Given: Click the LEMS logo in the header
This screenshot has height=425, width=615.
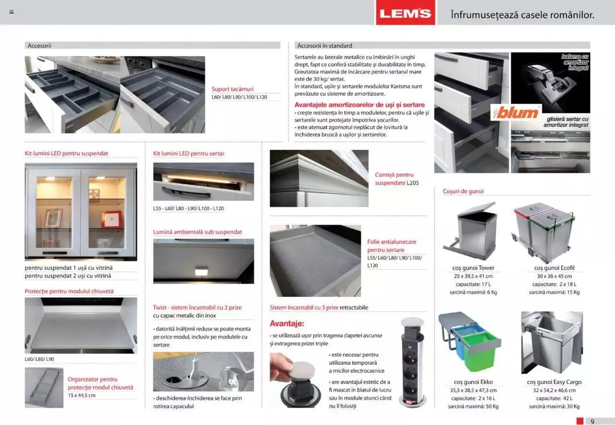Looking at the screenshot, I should [x=405, y=13].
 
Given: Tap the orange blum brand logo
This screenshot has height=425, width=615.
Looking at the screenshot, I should [x=516, y=113].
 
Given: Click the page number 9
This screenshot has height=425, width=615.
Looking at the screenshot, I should [x=592, y=421].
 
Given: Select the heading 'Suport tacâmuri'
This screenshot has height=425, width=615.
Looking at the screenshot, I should [x=233, y=89].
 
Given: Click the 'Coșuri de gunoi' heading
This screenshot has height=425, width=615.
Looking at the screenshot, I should [x=463, y=191].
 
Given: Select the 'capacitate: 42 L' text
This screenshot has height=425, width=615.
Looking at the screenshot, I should [x=554, y=398].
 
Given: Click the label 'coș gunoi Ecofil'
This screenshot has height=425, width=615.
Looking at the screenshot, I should [x=554, y=268].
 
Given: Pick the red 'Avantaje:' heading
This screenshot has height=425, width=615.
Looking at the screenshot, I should [x=287, y=323].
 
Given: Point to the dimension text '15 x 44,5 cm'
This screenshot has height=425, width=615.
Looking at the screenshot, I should [x=82, y=395].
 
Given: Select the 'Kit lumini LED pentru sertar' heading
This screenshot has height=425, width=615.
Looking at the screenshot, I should [x=189, y=154].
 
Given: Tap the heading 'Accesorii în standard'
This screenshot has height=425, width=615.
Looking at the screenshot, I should [x=325, y=46].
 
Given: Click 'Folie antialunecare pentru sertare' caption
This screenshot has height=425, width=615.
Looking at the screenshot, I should [x=392, y=246].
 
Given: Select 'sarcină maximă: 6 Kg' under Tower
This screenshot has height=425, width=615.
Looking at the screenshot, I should [x=473, y=292].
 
